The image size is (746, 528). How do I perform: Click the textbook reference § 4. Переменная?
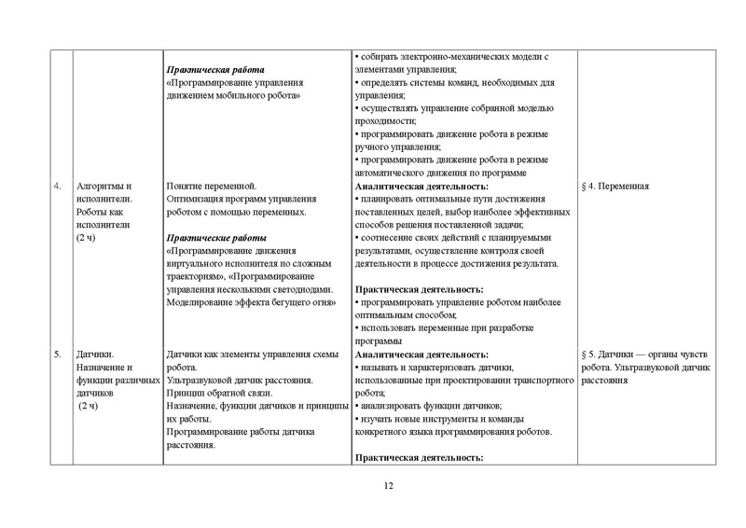pos(615,186)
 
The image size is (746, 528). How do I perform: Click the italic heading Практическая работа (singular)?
pos(215,70)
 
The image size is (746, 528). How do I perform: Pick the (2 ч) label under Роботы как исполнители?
pos(91,238)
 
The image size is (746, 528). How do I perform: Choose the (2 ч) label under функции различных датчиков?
pos(94,407)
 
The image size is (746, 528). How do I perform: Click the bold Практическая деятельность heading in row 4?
pos(420,289)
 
